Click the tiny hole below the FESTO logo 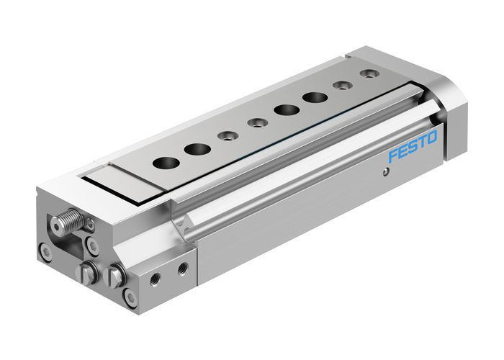pyautogui.click(x=387, y=171)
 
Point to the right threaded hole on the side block pyautogui.click(x=183, y=268)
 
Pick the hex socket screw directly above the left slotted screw pyautogui.click(x=93, y=246)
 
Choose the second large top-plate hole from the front pyautogui.click(x=197, y=149)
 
